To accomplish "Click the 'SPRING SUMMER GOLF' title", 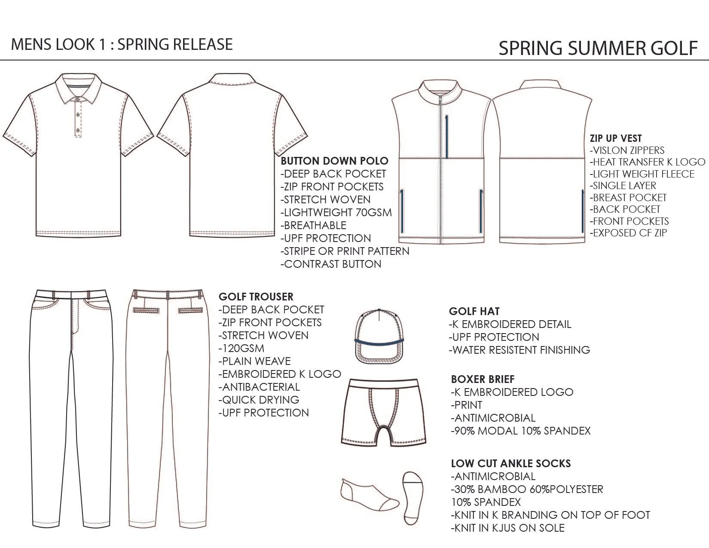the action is [x=597, y=48].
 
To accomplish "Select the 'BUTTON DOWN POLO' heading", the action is [x=334, y=161].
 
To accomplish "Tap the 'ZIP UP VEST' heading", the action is [x=616, y=138].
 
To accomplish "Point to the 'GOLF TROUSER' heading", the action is [x=256, y=297].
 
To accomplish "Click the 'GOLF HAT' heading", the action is [x=474, y=311].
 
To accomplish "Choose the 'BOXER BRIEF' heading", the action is [x=483, y=379].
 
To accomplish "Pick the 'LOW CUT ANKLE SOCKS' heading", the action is [x=510, y=463].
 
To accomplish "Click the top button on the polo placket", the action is [x=78, y=100].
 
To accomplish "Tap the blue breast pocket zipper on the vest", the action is [x=447, y=136].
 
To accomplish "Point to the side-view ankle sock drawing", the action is [x=368, y=493].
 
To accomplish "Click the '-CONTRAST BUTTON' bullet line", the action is [x=331, y=264].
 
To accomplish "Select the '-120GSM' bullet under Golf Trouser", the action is [x=241, y=348].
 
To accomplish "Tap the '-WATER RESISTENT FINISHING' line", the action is [x=519, y=350].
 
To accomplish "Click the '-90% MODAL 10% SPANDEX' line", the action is [x=521, y=431].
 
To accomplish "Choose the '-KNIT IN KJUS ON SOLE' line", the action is [x=507, y=528].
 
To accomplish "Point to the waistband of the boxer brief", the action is [x=383, y=383].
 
